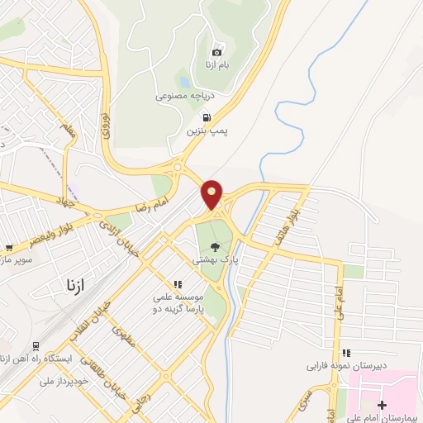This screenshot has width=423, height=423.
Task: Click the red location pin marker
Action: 212,195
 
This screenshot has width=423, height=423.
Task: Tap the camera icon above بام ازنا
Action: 217,50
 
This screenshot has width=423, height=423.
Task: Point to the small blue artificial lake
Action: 183,83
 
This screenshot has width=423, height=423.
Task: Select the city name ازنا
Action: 81,285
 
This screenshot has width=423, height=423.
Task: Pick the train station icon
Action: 36,345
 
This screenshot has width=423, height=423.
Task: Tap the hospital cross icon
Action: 382,405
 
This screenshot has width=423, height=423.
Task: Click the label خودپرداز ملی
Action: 64,381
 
